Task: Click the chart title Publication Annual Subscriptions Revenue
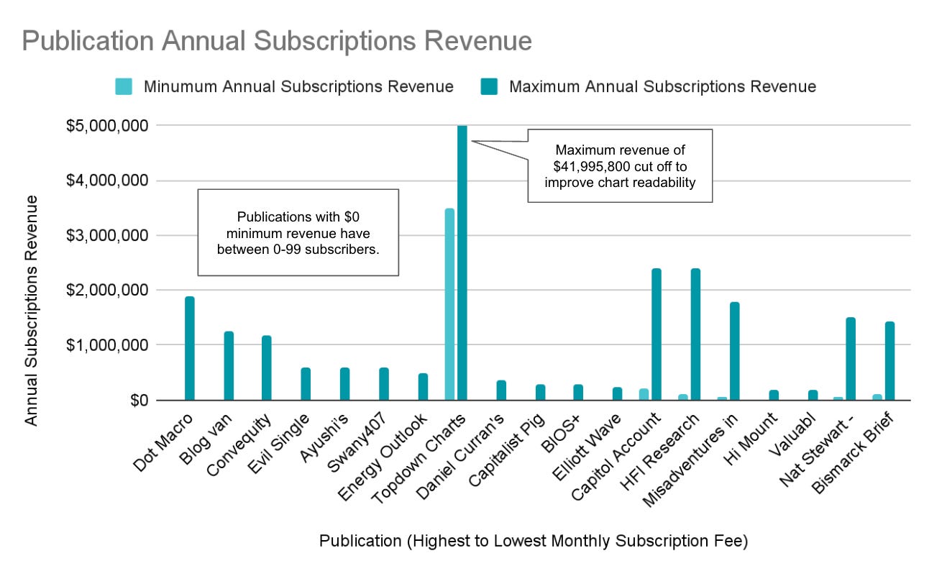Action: pos(277,41)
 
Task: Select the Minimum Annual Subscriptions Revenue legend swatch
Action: pos(124,87)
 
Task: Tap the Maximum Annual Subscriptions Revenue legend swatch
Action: pos(490,87)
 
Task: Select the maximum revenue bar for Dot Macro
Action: pos(190,348)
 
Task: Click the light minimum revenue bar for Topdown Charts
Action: pos(449,304)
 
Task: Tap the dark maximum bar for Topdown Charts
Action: pos(462,263)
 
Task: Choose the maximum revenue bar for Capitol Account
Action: pos(656,334)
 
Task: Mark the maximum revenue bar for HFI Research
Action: pos(695,334)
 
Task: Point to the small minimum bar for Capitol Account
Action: pos(644,394)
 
